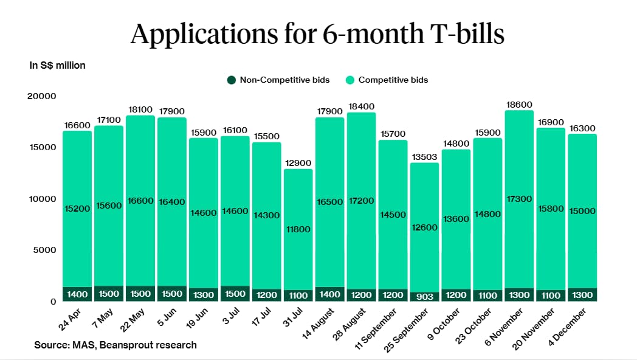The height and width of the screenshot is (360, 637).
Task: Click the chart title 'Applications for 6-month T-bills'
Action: [317, 34]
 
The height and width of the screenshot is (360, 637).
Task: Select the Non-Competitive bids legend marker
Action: [231, 80]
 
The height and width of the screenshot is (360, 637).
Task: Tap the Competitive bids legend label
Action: [393, 80]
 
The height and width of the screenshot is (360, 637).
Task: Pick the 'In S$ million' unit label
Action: [58, 65]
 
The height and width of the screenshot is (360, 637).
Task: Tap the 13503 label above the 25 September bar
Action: [424, 157]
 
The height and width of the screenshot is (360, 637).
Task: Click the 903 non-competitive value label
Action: [424, 296]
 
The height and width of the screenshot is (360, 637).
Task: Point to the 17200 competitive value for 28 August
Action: [361, 200]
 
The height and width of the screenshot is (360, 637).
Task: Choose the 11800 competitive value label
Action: [298, 229]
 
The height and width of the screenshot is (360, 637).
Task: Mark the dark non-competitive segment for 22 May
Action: [140, 294]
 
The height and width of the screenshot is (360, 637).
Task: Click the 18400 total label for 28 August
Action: [361, 106]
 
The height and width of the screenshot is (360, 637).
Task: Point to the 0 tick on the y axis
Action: [53, 302]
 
